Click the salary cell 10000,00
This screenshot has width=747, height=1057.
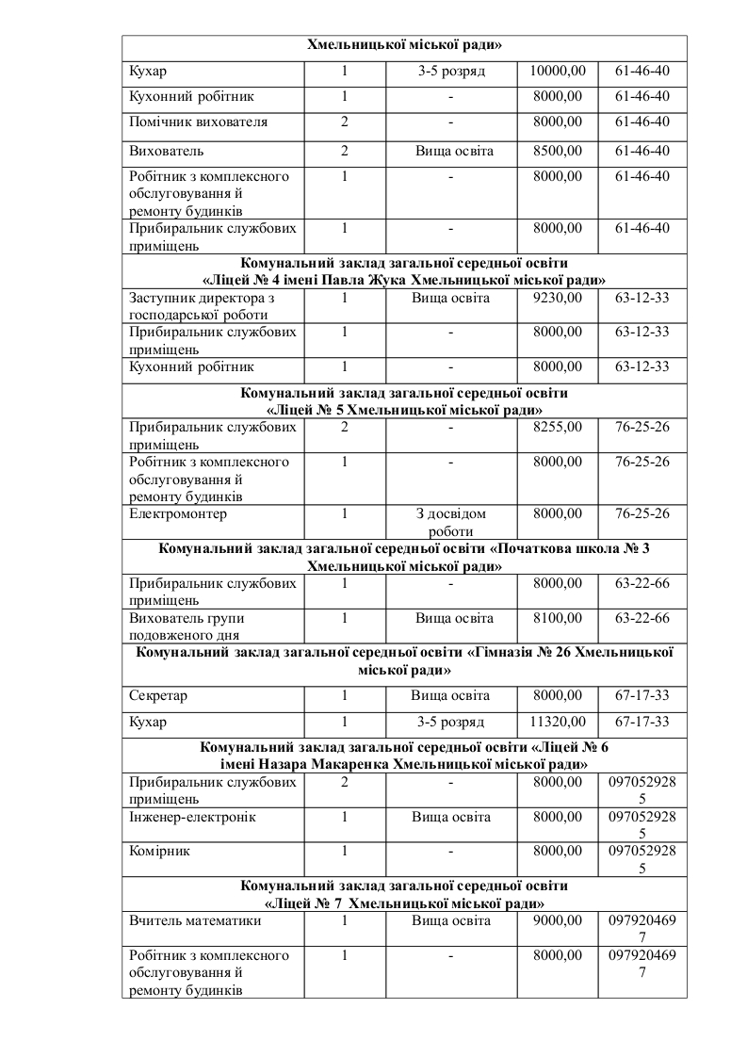coord(558,71)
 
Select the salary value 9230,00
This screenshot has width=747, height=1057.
coord(558,299)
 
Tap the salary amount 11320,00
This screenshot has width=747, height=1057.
coord(558,723)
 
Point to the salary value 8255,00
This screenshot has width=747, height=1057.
coord(558,428)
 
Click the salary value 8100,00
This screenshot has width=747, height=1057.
coord(558,619)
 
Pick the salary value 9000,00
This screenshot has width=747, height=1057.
coord(558,922)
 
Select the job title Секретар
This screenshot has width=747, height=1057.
coord(158,696)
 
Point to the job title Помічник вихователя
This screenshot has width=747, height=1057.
coord(198,122)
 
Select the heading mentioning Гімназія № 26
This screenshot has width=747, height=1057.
coord(404,661)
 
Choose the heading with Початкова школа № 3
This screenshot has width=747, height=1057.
coord(404,558)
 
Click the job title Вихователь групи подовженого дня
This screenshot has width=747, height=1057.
coord(187,627)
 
